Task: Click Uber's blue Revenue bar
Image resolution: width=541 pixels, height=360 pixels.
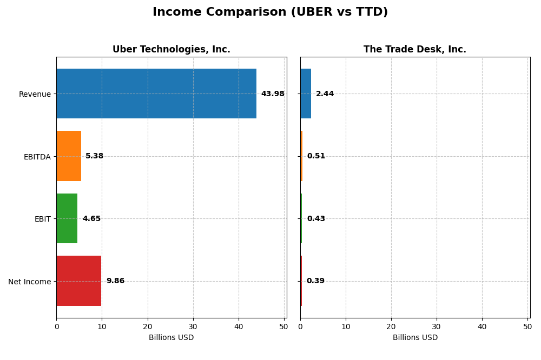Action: [x=156, y=94]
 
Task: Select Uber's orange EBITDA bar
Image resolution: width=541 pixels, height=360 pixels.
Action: [x=69, y=156]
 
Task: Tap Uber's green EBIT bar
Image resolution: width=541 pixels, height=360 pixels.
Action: [x=67, y=218]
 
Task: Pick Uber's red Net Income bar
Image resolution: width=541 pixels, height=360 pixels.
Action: [x=78, y=281]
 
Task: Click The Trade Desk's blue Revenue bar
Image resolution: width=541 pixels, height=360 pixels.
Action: [x=306, y=94]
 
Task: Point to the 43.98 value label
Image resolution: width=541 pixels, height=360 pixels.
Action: [x=273, y=94]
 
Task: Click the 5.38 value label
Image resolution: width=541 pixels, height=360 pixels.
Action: [x=94, y=156]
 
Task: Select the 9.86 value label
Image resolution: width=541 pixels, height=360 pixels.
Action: [x=115, y=281]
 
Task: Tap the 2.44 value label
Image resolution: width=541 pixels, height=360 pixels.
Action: [x=325, y=94]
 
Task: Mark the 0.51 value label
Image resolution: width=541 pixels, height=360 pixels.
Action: [x=316, y=156]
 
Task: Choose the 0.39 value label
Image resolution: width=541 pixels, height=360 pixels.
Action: [x=315, y=281]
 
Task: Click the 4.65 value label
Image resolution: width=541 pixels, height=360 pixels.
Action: [x=91, y=219]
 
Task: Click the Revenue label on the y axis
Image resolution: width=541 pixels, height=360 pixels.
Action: [x=35, y=95]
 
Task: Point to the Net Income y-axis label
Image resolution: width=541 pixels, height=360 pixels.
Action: [x=29, y=282]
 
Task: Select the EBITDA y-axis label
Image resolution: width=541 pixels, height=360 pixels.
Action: [x=37, y=157]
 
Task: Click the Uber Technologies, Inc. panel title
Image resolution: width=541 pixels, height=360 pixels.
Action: [x=171, y=50]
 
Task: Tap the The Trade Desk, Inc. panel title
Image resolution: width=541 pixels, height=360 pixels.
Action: [x=415, y=50]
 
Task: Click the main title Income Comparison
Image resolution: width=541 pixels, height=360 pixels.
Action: [x=270, y=12]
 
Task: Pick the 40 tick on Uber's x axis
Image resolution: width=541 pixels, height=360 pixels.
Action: [x=239, y=327]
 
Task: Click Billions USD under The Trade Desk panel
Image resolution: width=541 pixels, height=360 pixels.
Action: [x=415, y=338]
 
